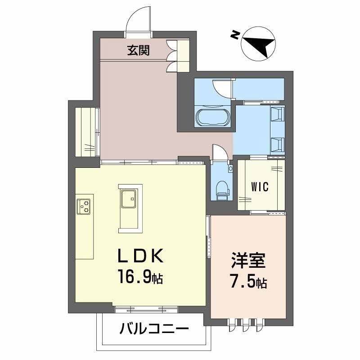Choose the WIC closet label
[260, 187]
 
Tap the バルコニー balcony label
[154, 330]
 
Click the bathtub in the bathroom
[213, 118]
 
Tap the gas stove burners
[84, 207]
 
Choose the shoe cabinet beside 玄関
[182, 56]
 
